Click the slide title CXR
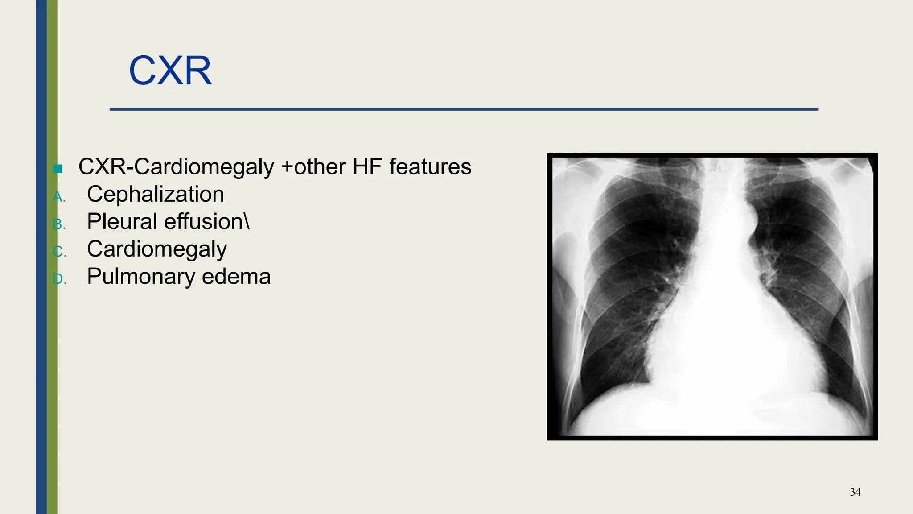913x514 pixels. click(170, 70)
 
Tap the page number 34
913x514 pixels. click(855, 492)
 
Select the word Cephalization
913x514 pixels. click(155, 194)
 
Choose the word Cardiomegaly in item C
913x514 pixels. click(157, 249)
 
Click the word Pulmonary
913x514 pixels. click(141, 277)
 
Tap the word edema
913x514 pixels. click(236, 277)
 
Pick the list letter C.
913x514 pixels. click(59, 252)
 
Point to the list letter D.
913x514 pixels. click(59, 279)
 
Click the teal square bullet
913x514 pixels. click(58, 169)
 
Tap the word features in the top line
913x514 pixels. click(430, 167)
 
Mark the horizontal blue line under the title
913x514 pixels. click(464, 109)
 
